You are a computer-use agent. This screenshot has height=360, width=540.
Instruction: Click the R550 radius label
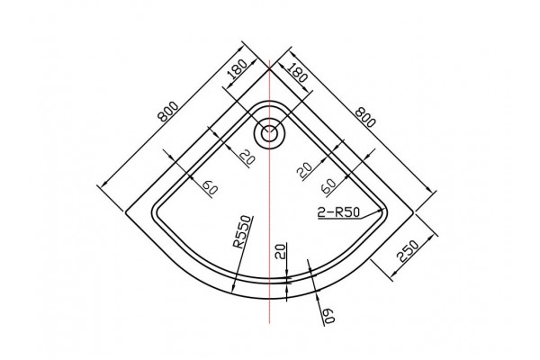click(243, 232)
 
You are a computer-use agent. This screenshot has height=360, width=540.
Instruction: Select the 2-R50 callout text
click(338, 212)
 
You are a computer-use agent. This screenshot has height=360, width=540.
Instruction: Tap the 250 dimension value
click(408, 251)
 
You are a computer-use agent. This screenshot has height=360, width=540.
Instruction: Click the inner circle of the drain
click(269, 134)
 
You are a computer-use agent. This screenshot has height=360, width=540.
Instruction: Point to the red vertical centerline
click(269, 192)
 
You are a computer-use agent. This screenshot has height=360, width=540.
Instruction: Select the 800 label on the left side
click(168, 112)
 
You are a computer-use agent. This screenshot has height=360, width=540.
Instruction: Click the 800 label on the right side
click(364, 117)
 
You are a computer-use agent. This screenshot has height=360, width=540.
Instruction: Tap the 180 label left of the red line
click(238, 69)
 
